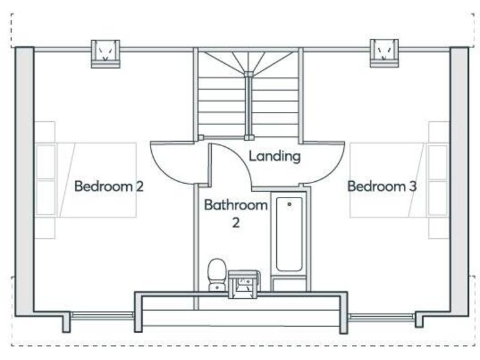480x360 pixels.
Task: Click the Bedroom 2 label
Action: click(x=109, y=186)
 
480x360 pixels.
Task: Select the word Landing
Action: click(x=274, y=156)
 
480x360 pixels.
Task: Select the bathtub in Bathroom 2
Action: click(x=289, y=234)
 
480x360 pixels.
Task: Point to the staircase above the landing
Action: click(x=248, y=94)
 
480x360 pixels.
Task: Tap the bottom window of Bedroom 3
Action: click(x=381, y=316)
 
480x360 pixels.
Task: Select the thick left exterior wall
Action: click(x=24, y=181)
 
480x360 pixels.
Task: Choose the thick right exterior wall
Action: click(x=459, y=181)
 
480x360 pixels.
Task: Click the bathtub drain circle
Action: click(x=289, y=204)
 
